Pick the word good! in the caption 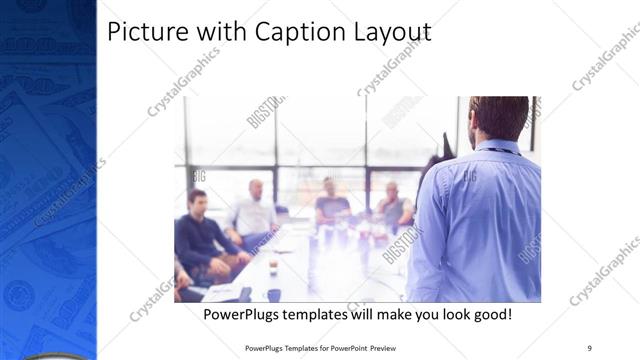(490, 314)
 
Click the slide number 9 (590, 348)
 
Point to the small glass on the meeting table (272, 268)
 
